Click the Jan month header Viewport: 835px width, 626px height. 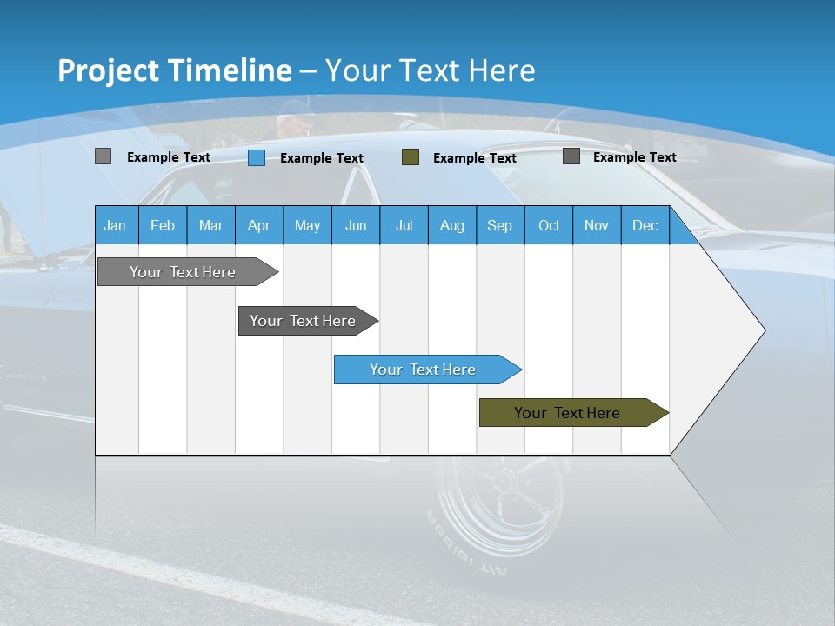116,225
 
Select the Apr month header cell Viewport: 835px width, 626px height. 259,225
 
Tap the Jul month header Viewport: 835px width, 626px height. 404,225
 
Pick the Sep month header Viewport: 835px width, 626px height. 500,225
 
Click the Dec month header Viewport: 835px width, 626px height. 645,225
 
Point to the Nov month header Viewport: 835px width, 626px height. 597,225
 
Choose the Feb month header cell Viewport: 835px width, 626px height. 163,225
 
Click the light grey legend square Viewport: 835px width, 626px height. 103,156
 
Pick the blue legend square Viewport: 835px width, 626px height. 257,157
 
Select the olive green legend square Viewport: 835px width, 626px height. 411,157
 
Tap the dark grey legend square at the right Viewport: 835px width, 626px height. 571,156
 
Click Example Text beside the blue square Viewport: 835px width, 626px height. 321,158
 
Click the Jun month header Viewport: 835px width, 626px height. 356,225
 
